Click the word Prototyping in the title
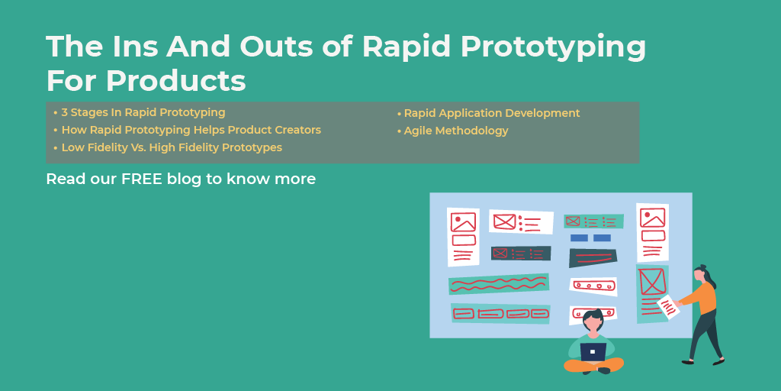tap(548, 47)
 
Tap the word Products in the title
tap(175, 80)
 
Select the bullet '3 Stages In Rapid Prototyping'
tap(143, 112)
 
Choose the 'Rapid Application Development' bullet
tap(491, 113)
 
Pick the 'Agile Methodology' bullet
tap(455, 131)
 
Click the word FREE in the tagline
tap(142, 179)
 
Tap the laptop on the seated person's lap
tap(593, 351)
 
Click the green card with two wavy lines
tap(499, 284)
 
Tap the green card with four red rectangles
tap(500, 313)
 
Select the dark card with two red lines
tap(593, 258)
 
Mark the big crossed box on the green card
tap(652, 281)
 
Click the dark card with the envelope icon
tap(521, 253)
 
